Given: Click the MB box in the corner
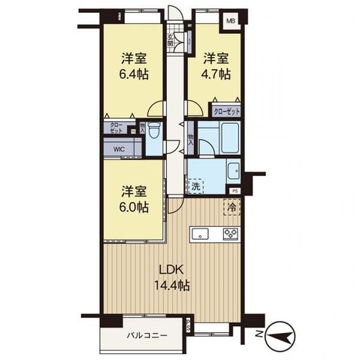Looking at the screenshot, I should point(231,22).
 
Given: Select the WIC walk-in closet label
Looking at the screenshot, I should point(119,149).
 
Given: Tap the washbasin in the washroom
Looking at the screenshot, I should point(231,170).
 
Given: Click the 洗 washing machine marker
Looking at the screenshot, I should point(195,185).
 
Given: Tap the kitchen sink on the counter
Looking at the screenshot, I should point(201,234).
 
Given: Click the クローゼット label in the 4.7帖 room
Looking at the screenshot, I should point(226,110).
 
